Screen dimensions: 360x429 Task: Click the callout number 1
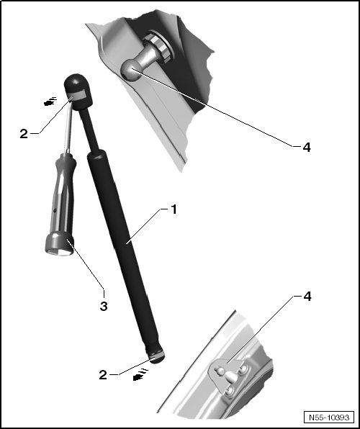tap(174, 210)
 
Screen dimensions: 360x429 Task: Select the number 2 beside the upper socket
tap(24, 134)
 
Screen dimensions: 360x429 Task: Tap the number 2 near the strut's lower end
tap(103, 375)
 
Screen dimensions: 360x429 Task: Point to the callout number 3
tap(104, 306)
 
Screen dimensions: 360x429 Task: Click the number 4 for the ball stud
tap(307, 148)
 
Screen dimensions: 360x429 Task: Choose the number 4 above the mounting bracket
tap(307, 297)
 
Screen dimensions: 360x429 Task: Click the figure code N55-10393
tap(329, 417)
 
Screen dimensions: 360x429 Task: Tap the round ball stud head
tap(130, 70)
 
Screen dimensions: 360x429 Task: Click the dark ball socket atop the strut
tap(78, 91)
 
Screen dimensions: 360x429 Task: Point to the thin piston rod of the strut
tap(89, 131)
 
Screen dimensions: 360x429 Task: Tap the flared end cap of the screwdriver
tap(60, 243)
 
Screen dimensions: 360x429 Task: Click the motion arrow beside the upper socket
tap(50, 101)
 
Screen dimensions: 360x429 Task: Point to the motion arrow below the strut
tap(140, 375)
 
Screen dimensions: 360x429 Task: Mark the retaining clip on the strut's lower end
tap(156, 356)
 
